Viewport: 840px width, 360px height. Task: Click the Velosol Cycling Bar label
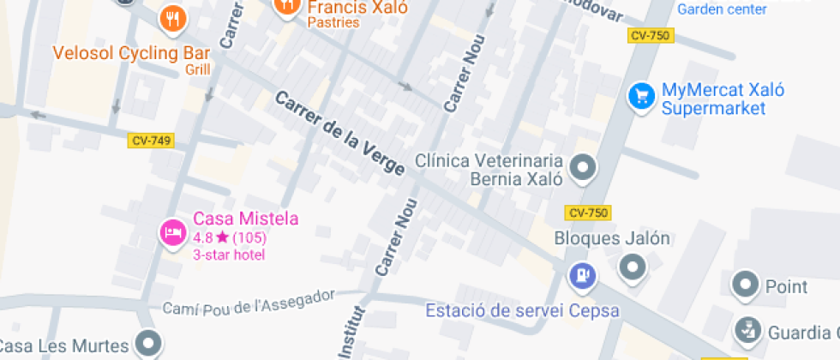(131, 53)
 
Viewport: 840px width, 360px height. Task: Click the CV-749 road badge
(150, 140)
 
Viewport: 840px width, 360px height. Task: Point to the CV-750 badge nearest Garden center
(651, 35)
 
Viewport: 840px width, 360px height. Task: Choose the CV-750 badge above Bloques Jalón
(588, 213)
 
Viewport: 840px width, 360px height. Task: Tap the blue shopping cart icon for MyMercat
(641, 96)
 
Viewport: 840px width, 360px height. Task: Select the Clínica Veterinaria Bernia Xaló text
(489, 170)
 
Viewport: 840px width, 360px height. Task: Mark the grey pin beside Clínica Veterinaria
(584, 167)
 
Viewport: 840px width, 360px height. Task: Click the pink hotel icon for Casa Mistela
(173, 231)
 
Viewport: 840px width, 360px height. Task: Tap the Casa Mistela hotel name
(245, 219)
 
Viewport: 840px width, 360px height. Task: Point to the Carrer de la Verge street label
(339, 134)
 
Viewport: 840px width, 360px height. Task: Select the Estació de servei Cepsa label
(522, 310)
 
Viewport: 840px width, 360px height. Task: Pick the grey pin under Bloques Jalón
(633, 268)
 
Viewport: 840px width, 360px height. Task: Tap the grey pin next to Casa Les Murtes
(151, 345)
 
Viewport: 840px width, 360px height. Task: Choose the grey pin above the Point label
(746, 284)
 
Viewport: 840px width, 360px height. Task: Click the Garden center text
(722, 9)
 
